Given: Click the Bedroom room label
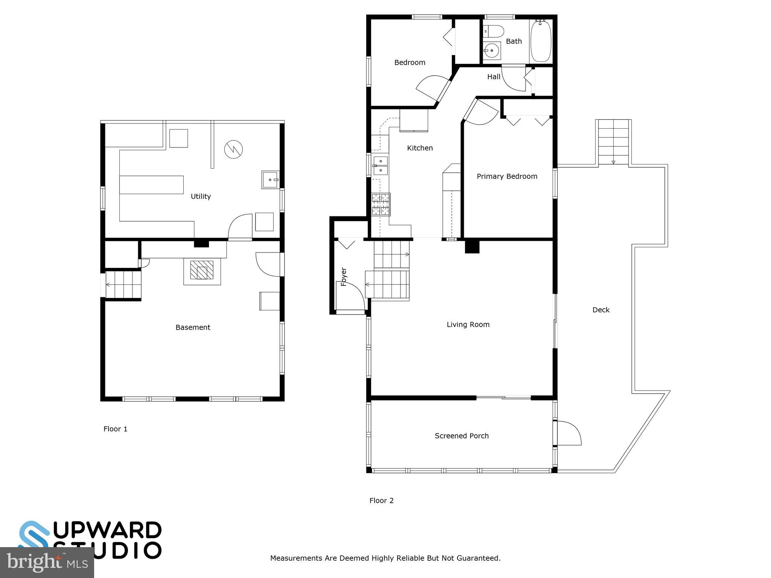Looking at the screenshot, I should [410, 62].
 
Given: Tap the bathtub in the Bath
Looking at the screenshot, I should [541, 41].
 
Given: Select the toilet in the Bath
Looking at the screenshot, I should [493, 31].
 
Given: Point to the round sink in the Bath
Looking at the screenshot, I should [491, 50].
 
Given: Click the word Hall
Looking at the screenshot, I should [494, 77].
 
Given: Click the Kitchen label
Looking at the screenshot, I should [420, 148].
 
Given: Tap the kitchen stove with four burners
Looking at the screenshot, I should [381, 204].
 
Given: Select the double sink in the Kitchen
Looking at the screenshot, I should [381, 166].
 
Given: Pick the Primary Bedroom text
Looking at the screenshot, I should [507, 176].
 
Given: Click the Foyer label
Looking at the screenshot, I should [343, 277].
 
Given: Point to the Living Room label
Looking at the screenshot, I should [468, 324].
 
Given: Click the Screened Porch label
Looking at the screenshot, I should [462, 436].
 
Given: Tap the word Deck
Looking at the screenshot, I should [601, 310].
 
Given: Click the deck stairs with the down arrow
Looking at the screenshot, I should [613, 142].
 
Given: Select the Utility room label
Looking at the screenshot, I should [201, 196].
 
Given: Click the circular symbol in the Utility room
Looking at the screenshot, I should [233, 149].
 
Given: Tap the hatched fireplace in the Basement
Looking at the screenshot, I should [202, 270].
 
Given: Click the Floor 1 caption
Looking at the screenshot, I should [115, 429].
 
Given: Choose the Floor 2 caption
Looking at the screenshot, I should [381, 500].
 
